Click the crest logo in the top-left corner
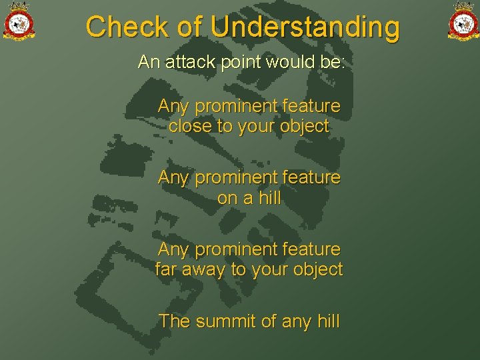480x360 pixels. pyautogui.click(x=19, y=21)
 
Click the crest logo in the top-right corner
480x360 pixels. pyautogui.click(x=463, y=21)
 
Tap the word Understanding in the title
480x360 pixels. pyautogui.click(x=305, y=27)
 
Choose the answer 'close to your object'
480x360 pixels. pyautogui.click(x=249, y=126)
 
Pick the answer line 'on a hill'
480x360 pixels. pyautogui.click(x=249, y=198)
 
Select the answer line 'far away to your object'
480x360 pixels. pyautogui.click(x=249, y=269)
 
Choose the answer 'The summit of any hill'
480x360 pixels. pyautogui.click(x=249, y=321)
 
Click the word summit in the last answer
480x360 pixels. pyautogui.click(x=226, y=321)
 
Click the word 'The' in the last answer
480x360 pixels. pyautogui.click(x=175, y=321)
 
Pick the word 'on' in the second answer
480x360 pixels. pyautogui.click(x=227, y=198)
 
